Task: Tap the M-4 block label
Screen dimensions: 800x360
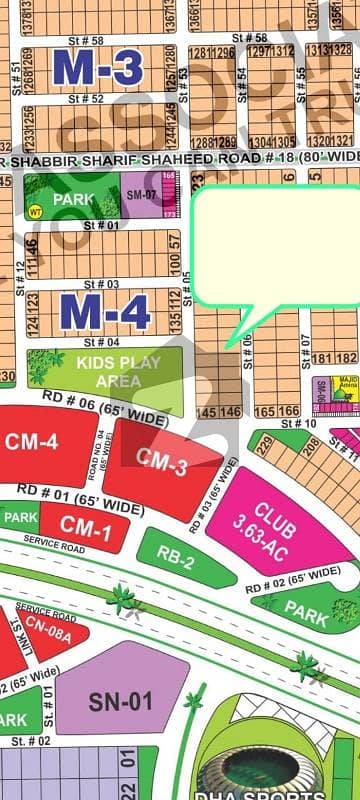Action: click(x=105, y=311)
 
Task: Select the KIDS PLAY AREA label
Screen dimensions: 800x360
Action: click(x=118, y=371)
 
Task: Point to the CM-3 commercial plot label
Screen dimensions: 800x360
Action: click(x=162, y=464)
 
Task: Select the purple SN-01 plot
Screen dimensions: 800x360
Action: click(x=121, y=701)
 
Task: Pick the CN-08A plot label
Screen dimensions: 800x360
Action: click(x=49, y=629)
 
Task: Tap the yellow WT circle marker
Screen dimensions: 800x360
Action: click(x=35, y=211)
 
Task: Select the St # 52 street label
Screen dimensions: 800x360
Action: click(x=86, y=99)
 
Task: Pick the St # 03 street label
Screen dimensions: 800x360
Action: click(x=100, y=284)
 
